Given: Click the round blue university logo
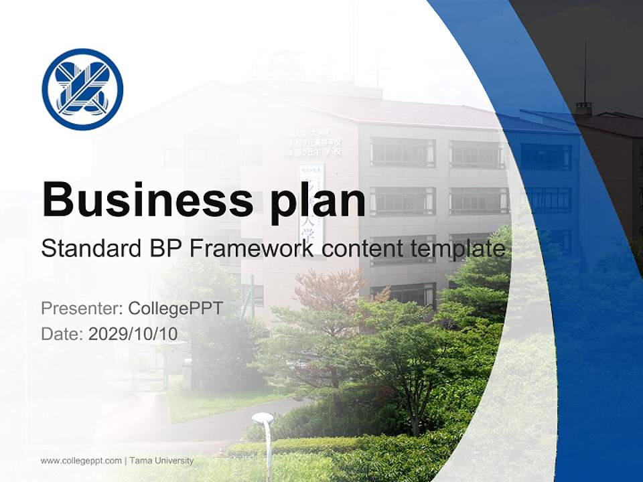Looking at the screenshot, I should [82, 89].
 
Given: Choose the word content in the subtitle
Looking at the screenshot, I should [363, 248].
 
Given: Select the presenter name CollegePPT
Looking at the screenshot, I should [175, 309].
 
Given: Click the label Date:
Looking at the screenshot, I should [62, 333].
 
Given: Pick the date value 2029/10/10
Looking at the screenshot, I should [133, 333].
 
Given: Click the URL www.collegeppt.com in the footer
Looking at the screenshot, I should [81, 461].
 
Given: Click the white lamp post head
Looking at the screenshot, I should [263, 418].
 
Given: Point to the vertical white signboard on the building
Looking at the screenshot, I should [311, 204].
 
